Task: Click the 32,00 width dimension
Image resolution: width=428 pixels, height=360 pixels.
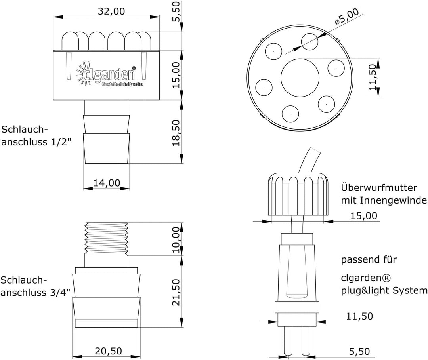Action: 111,11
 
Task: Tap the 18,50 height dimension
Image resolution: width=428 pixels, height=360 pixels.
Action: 176,133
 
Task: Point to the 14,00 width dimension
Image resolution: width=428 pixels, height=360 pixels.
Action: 107,183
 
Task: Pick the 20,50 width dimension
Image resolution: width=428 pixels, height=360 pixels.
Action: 108,351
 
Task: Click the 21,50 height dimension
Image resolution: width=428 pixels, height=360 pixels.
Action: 176,292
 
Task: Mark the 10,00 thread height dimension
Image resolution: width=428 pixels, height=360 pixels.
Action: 176,240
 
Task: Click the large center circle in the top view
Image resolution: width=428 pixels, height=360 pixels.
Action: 300,78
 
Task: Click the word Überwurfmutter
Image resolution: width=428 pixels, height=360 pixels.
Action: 379,188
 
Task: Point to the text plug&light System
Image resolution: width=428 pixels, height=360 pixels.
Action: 384,291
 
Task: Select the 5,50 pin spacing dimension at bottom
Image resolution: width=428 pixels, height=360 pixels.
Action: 359,352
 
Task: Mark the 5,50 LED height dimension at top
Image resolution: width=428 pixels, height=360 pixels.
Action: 177,11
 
